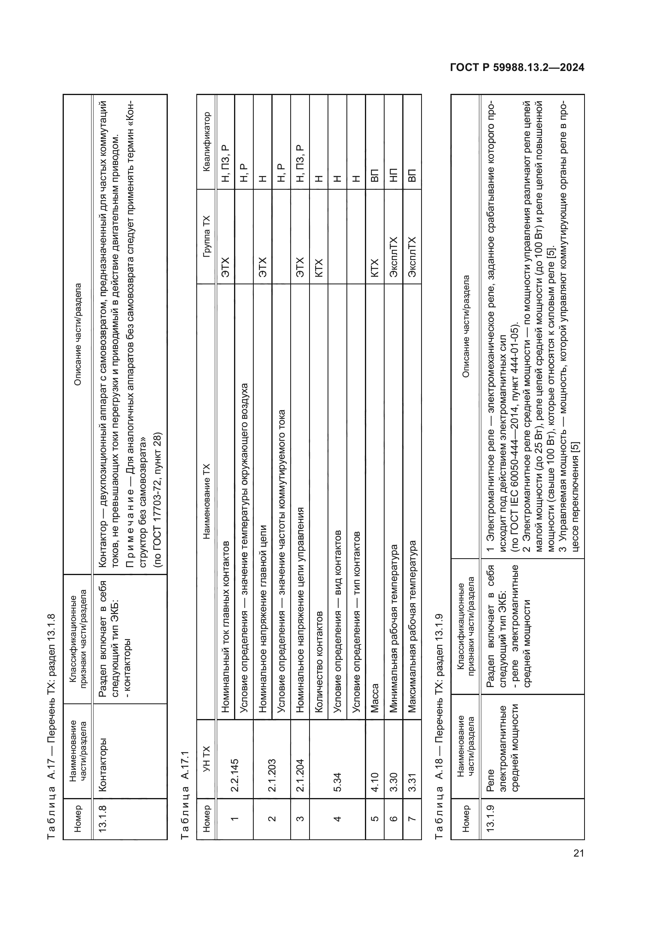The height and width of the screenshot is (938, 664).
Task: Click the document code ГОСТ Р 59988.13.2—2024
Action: pos(517,68)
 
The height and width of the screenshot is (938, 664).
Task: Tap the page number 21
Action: pos(578,853)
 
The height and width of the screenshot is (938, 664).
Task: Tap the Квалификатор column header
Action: pos(206,142)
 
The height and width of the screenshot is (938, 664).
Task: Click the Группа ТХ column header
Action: pos(206,236)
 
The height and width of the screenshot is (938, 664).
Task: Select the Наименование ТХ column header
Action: pos(206,501)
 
